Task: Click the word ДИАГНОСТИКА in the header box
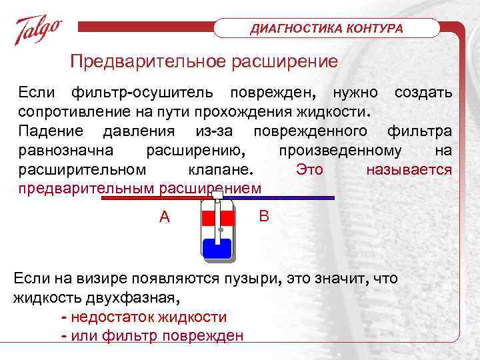(291, 29)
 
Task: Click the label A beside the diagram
(164, 217)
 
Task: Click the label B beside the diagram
(264, 216)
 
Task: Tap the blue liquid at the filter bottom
(217, 247)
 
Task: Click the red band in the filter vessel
(217, 218)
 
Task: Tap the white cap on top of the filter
(217, 195)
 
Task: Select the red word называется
(409, 169)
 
